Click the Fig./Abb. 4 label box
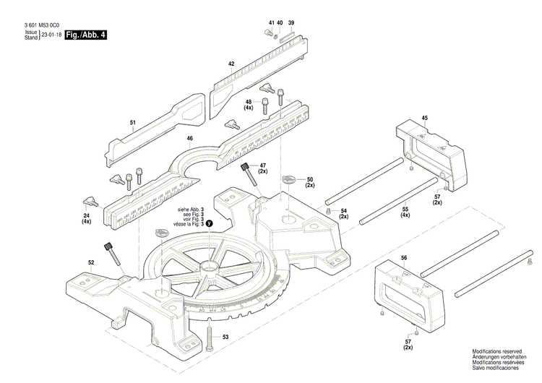[85, 35]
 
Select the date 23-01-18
[51, 35]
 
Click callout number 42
[231, 64]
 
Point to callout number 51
[133, 124]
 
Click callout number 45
[424, 118]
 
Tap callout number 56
[403, 258]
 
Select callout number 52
[91, 262]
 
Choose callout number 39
[291, 23]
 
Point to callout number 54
[344, 210]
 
